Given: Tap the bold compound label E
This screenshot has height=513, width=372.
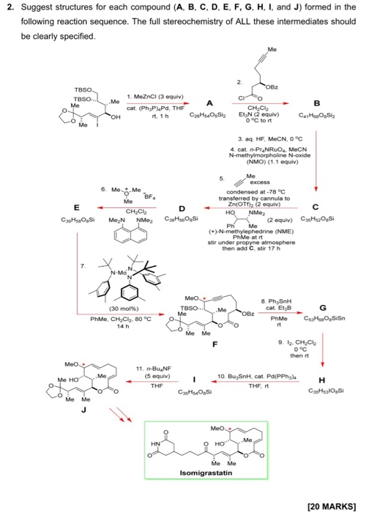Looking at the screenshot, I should point(67,207).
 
